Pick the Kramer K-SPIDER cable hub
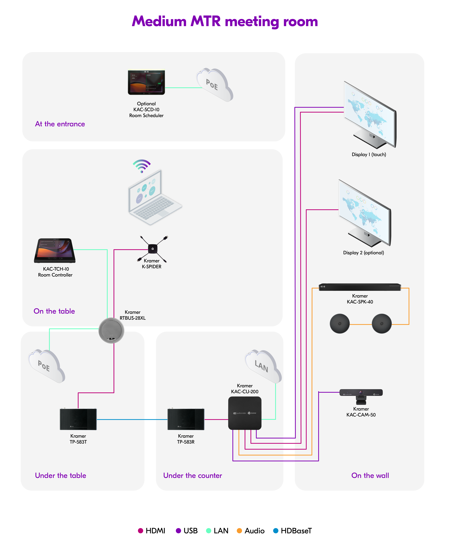[x=152, y=249]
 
